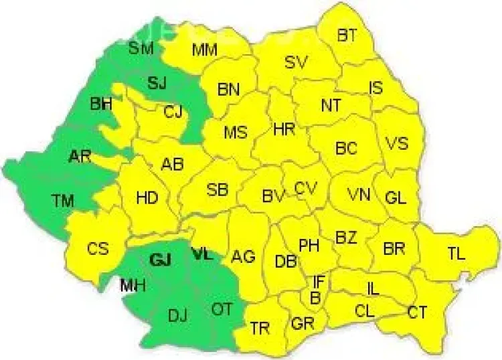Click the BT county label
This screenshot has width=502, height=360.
click(347, 35)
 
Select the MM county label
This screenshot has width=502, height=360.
click(203, 50)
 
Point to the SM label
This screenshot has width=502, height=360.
click(141, 48)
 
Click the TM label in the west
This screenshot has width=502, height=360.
click(64, 199)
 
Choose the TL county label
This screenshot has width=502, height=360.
click(456, 252)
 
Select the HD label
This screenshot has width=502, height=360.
click(147, 198)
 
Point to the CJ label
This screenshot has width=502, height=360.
click(173, 112)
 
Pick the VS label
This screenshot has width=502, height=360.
click(396, 144)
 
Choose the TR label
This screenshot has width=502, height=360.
click(260, 327)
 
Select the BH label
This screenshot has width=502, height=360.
click(101, 104)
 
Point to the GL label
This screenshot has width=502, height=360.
click(396, 197)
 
